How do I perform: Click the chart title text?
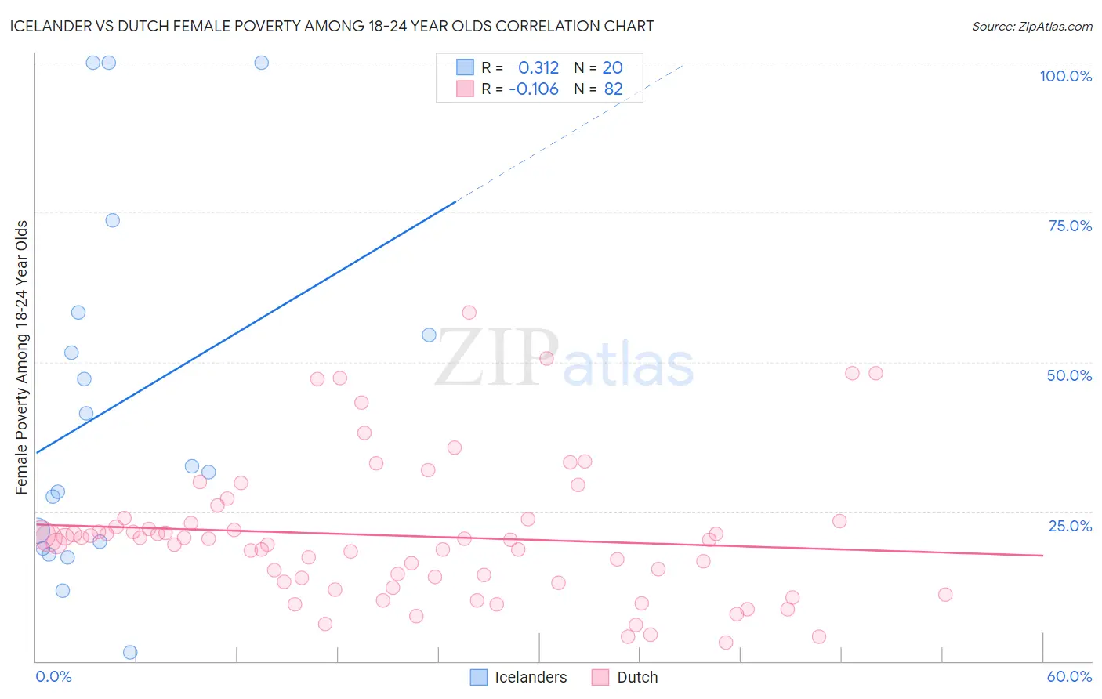[x=332, y=27]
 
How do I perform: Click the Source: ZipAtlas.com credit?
[x=1031, y=27]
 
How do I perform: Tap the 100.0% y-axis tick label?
[x=1065, y=76]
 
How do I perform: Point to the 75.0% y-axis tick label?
[x=1070, y=226]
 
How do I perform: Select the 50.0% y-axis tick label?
[x=1069, y=375]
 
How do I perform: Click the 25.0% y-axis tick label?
[x=1070, y=525]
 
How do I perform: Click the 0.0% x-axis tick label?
[x=53, y=676]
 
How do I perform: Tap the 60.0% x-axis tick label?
[x=1069, y=676]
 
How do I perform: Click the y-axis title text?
[x=22, y=357]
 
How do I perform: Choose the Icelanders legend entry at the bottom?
[x=519, y=677]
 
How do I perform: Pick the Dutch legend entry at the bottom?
[x=625, y=677]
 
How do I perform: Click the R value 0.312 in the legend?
[x=538, y=68]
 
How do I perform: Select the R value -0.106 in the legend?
[x=534, y=89]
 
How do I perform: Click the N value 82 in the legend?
[x=613, y=89]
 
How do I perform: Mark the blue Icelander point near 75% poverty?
[x=113, y=220]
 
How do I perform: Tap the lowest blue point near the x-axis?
[x=130, y=652]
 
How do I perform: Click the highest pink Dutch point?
[x=469, y=313]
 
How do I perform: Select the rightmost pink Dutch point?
[x=945, y=595]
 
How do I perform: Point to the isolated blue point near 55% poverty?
[x=429, y=335]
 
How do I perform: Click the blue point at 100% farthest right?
[x=262, y=63]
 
